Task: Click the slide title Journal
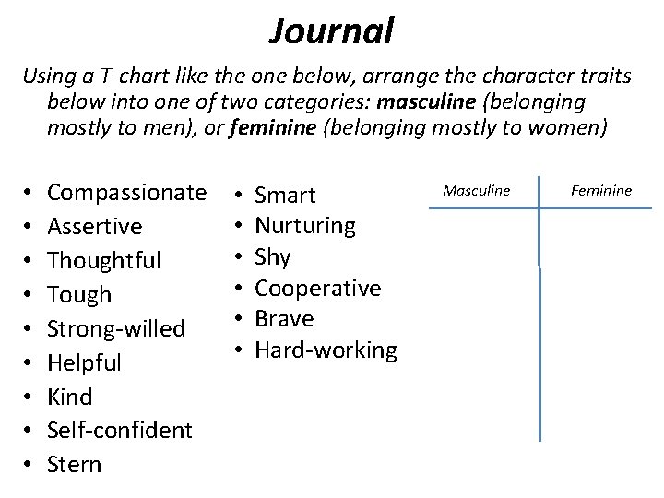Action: [332, 30]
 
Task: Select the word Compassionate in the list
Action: [126, 193]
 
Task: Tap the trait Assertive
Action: [95, 227]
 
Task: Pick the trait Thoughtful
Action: [104, 261]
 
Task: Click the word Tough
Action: [79, 295]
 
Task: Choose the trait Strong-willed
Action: [116, 328]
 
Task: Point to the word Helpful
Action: [84, 362]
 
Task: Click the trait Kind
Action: [70, 397]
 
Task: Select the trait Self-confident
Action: [120, 430]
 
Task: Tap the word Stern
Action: [75, 464]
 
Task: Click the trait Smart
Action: [285, 196]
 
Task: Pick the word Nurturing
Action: [305, 226]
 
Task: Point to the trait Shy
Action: [272, 257]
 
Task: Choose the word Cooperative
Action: [317, 289]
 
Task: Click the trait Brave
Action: [284, 319]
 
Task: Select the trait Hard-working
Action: [326, 350]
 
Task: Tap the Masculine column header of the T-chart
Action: [476, 191]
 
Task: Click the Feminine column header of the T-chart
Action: [601, 191]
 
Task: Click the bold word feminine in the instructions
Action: [276, 127]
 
